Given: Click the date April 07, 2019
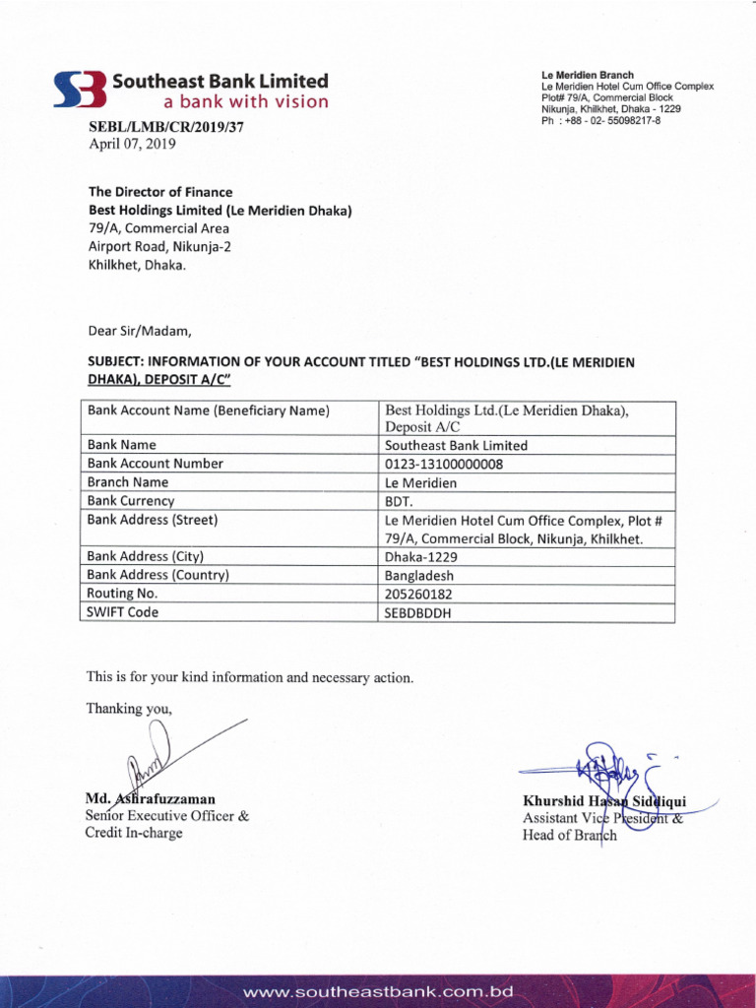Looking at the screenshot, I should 132,144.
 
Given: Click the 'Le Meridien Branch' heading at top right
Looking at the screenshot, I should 588,75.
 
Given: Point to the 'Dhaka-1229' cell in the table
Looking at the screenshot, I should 421,556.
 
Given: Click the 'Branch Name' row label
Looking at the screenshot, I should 128,482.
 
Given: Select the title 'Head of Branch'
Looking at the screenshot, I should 570,836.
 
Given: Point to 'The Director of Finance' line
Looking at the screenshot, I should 160,192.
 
